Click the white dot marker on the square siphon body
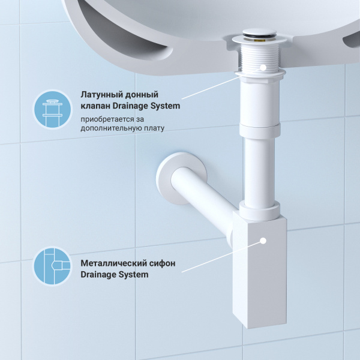tap(263, 241)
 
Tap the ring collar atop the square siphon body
tap(259, 209)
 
